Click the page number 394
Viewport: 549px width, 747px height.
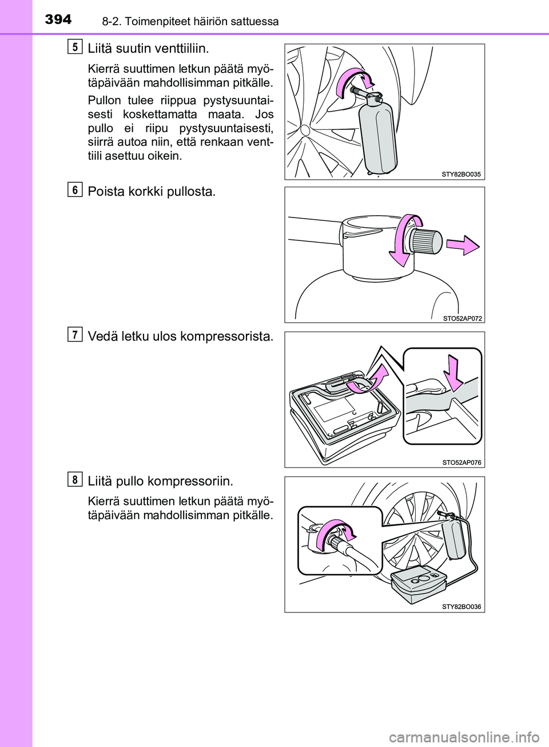tap(58, 20)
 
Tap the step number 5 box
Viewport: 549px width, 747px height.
tap(76, 47)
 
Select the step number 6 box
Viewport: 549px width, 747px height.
tap(76, 190)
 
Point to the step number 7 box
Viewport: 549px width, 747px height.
tap(76, 334)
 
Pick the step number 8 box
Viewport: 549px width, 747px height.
tap(76, 479)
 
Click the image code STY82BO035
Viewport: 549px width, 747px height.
tap(462, 174)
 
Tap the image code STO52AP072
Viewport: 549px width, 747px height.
tap(463, 318)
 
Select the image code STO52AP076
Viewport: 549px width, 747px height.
tap(462, 463)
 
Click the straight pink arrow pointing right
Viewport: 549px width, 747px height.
tap(463, 246)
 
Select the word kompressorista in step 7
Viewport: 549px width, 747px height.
tap(227, 337)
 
